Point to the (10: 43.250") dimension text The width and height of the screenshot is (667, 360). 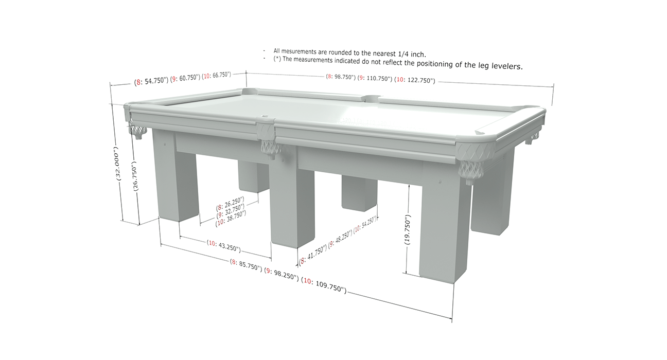tap(223, 246)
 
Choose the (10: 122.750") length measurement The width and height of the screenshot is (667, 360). tap(415, 80)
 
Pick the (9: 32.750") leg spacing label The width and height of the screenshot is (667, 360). tap(230, 208)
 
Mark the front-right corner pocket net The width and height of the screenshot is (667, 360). tap(470, 171)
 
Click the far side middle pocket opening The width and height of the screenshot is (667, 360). tap(371, 97)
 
